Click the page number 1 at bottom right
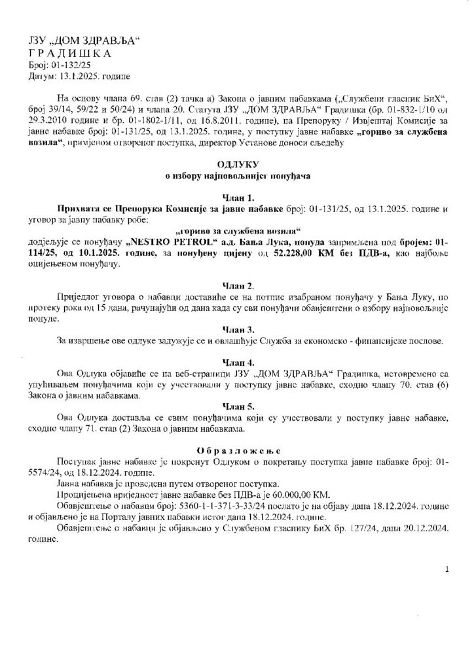coord(446,570)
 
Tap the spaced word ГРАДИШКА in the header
coord(71,54)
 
